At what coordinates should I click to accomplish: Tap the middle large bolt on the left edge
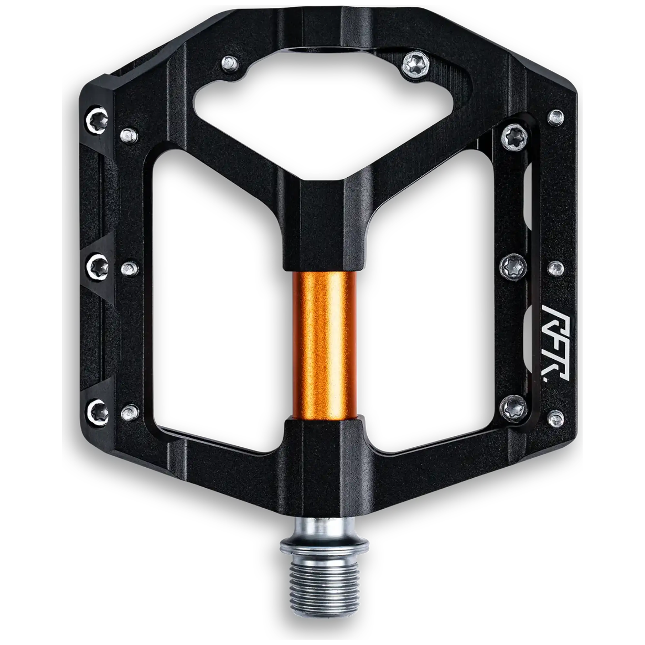(x=99, y=266)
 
